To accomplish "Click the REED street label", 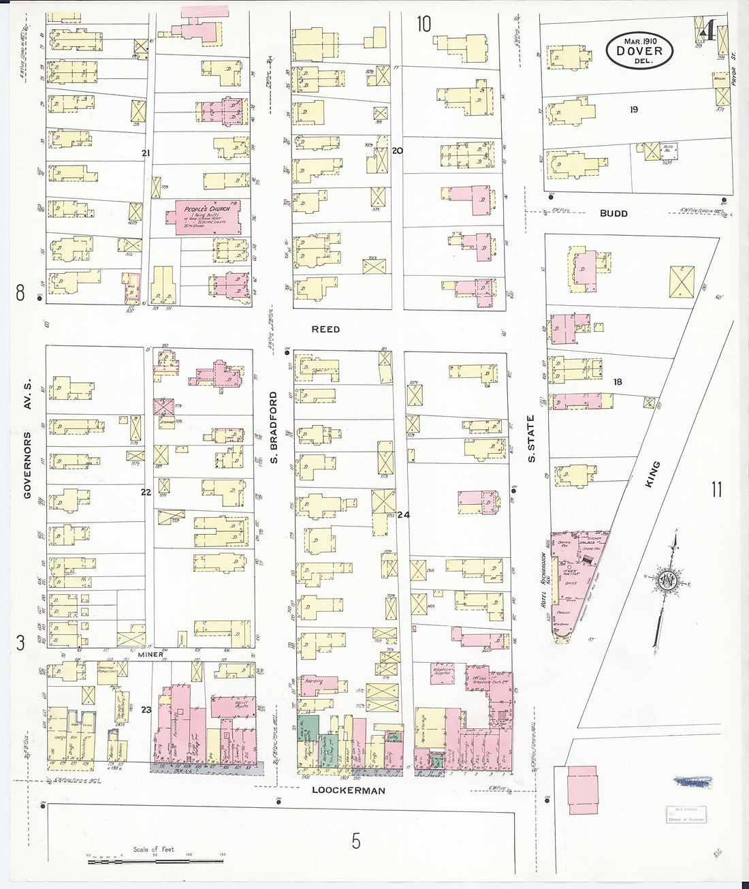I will (x=325, y=329).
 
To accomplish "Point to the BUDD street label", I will (x=613, y=213).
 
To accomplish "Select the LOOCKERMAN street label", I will (x=349, y=790).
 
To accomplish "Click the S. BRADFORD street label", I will (x=274, y=427).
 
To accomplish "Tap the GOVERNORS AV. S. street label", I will (x=28, y=444).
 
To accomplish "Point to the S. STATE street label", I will (x=531, y=438).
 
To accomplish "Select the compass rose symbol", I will (x=666, y=582).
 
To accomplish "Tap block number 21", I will (x=145, y=153).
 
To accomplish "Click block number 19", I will (x=634, y=109).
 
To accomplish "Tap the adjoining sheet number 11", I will (x=716, y=489).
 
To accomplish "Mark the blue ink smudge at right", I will (x=692, y=782).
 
